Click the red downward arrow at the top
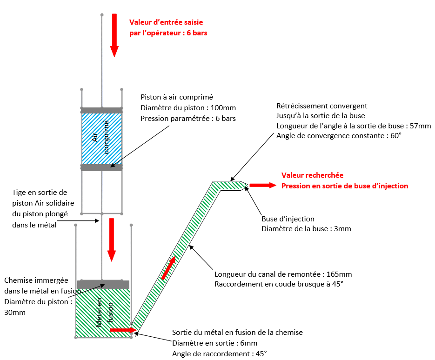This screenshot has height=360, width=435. pos(114,35)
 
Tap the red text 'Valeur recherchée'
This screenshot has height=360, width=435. pos(312,175)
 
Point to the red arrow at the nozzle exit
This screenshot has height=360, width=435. pos(263,185)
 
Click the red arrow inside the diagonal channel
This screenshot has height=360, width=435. pos(169,268)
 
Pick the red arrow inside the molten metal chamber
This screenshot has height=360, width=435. pos(120,330)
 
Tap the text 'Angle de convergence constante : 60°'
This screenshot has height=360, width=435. pos(339,136)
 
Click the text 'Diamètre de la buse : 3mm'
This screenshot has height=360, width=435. pos(306,229)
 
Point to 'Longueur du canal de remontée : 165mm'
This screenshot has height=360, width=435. pos(283,273)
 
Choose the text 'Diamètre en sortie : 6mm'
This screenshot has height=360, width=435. pos(214,343)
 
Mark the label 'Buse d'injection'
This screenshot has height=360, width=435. pos(288,219)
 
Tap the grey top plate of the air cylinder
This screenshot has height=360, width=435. pos(102,111)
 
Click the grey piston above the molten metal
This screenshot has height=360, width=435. pos(103,285)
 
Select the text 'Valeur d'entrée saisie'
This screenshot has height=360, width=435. pos(166,22)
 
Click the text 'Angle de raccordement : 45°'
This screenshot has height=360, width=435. pos(219,353)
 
